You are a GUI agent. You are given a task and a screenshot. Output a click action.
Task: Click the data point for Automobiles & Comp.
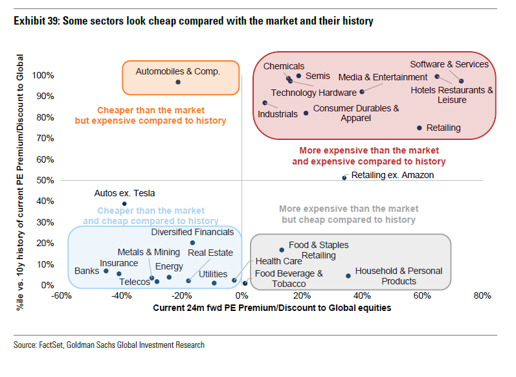click(178, 82)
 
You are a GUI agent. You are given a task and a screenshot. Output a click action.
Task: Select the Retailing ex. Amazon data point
click(344, 177)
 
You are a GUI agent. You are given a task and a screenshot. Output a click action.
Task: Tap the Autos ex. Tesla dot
click(124, 203)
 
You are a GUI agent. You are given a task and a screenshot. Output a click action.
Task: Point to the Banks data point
click(106, 271)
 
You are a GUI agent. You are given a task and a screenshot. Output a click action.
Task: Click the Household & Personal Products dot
click(348, 276)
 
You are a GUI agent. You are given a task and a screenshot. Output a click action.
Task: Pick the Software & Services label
click(449, 64)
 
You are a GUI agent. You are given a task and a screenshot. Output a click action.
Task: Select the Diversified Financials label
click(192, 232)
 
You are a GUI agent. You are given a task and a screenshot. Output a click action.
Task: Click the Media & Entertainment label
click(383, 77)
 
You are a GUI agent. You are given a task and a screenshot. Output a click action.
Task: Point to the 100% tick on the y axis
click(43, 75)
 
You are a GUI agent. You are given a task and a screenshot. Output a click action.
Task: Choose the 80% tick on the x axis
click(482, 297)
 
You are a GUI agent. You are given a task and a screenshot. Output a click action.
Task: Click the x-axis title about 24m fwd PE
click(272, 308)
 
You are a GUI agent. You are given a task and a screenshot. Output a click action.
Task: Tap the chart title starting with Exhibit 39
click(194, 21)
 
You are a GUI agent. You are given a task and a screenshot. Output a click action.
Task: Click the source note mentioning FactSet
click(109, 345)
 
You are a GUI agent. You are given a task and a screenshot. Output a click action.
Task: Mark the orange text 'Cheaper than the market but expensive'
click(151, 115)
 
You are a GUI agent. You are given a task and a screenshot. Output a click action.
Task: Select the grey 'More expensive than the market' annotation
click(348, 214)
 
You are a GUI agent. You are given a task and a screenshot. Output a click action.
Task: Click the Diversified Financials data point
click(192, 243)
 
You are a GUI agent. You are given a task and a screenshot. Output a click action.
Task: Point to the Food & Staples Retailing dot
click(282, 250)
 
